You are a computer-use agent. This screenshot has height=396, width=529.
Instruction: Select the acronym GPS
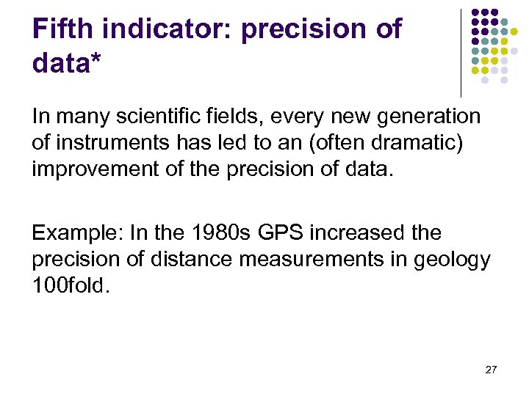tap(275, 234)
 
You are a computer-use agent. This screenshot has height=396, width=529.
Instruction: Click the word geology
tap(455, 260)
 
